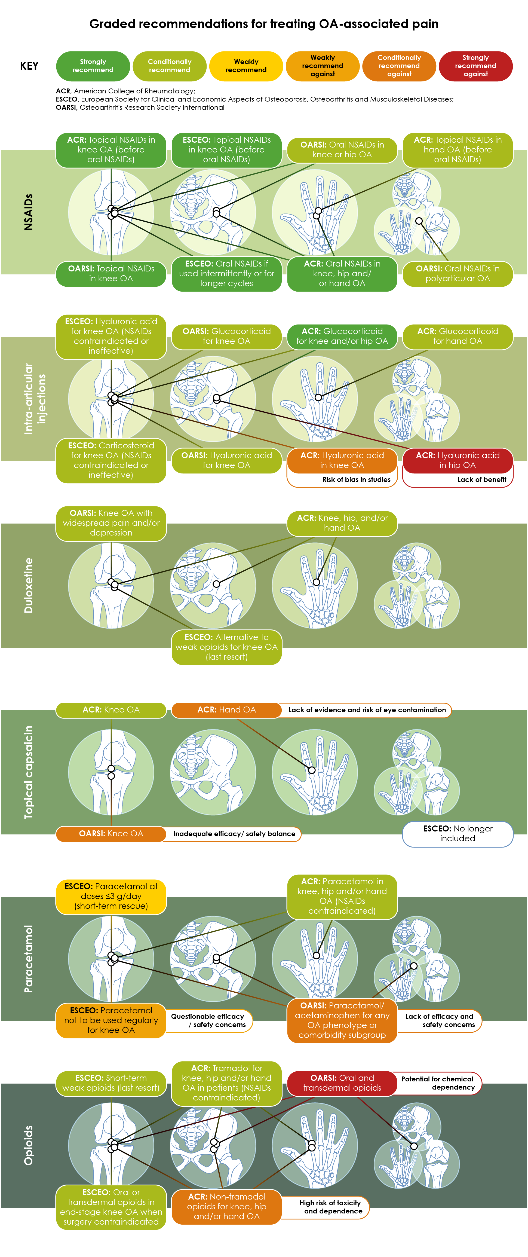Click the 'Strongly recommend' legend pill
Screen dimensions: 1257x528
[x=93, y=66]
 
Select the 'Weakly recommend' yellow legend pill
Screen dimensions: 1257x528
[x=246, y=66]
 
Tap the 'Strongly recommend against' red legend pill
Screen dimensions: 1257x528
[x=476, y=66]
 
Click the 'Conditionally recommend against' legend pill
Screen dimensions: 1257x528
[x=399, y=66]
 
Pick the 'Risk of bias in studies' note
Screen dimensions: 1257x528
[x=356, y=480]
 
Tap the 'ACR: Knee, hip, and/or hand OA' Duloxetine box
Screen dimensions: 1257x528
[x=342, y=523]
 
